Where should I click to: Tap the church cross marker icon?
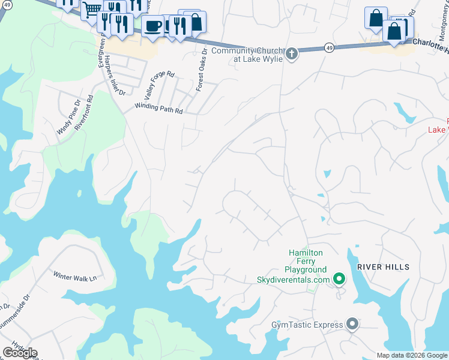tap(292, 55)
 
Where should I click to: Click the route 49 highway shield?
tap(330, 47)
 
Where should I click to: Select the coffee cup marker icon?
tap(153, 26)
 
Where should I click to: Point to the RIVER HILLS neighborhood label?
tap(383, 267)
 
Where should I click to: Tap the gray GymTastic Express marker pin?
tap(352, 325)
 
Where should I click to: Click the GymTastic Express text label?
tap(307, 325)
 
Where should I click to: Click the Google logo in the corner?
tap(20, 353)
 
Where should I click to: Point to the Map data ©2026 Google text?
tap(412, 355)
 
